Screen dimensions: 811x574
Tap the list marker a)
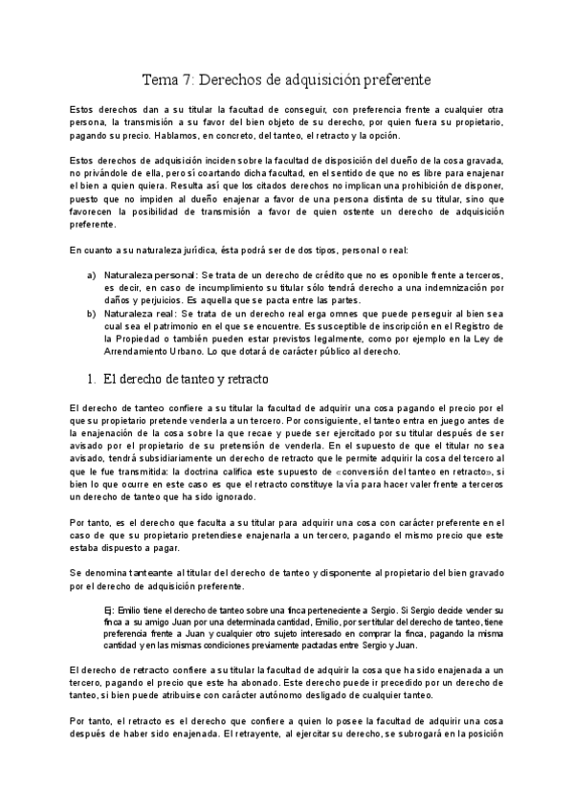click(91, 274)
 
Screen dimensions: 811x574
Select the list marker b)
click(91, 312)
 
